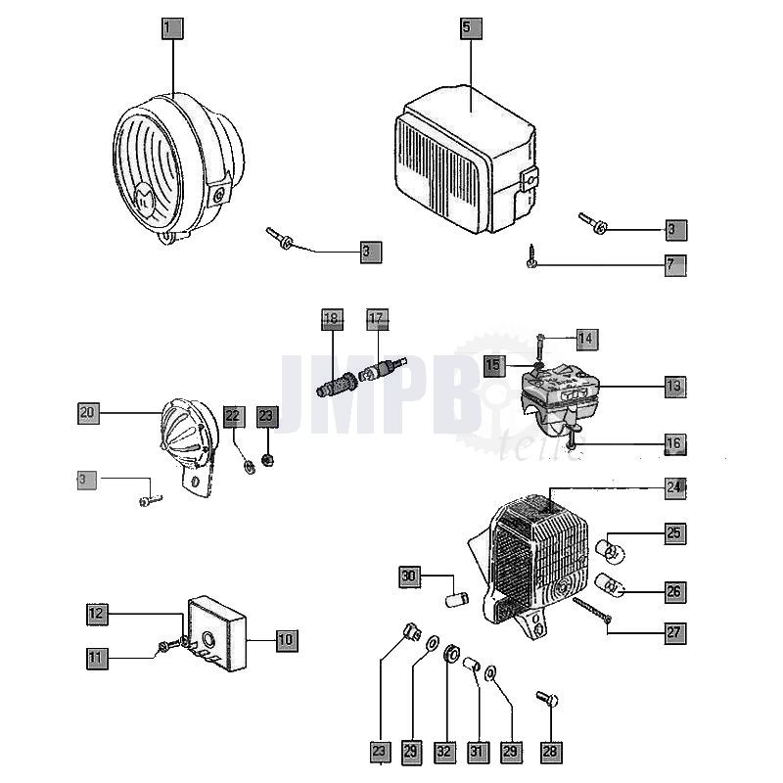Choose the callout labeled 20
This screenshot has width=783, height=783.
click(x=88, y=413)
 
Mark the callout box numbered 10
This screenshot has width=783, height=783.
click(x=285, y=640)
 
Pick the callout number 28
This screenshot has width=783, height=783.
click(x=549, y=752)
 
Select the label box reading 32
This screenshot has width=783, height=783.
click(x=445, y=752)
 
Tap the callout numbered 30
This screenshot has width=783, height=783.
click(x=409, y=577)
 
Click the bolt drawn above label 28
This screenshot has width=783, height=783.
click(x=545, y=702)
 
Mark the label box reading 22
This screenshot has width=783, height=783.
click(x=232, y=416)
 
